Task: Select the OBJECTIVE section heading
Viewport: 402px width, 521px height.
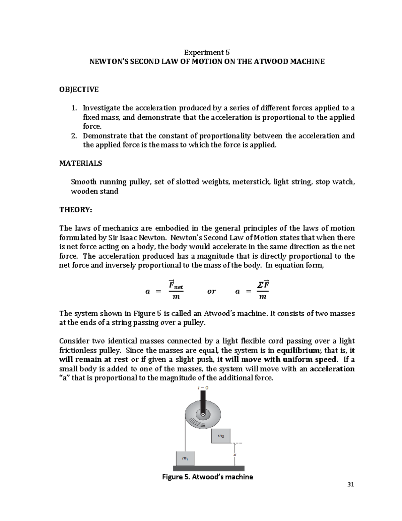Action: [79, 89]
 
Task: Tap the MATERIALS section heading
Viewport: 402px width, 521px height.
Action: [80, 163]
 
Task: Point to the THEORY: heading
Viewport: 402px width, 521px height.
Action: [75, 210]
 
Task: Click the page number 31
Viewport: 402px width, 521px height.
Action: [351, 484]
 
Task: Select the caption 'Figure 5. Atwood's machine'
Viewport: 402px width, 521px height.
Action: [207, 477]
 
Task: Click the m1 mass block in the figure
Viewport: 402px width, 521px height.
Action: [185, 458]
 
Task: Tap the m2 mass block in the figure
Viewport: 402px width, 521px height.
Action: [220, 436]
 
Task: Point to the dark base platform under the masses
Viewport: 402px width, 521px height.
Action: [209, 468]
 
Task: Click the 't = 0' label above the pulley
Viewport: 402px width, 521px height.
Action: [203, 388]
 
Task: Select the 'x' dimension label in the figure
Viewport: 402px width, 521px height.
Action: [235, 455]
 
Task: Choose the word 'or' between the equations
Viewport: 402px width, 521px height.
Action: [211, 291]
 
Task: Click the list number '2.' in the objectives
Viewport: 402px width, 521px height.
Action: [75, 136]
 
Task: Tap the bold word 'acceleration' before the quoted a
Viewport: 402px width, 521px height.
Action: [332, 369]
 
